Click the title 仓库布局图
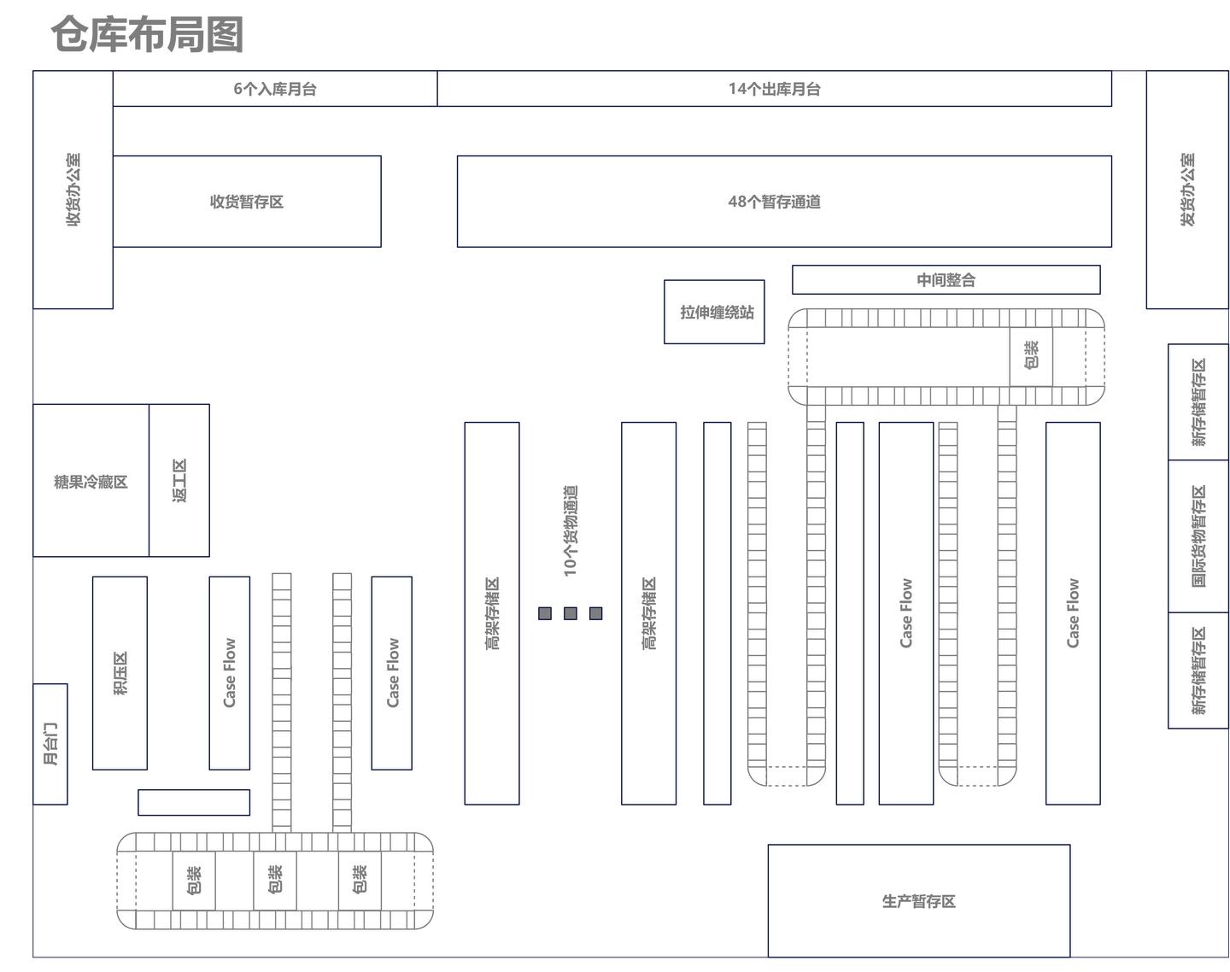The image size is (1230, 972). point(148,35)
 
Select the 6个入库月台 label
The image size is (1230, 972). point(275,89)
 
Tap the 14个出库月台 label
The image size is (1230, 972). point(774,89)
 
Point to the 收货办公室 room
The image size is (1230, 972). point(73,190)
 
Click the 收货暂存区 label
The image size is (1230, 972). point(247,202)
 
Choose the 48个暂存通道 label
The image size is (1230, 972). point(774,202)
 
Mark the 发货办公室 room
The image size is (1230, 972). point(1187,190)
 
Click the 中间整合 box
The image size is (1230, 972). point(946,280)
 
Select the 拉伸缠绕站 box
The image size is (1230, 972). point(715,313)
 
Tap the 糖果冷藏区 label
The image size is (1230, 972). point(91,482)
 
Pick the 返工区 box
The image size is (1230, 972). point(179,481)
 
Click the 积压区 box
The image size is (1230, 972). point(120,673)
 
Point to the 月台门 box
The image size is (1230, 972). point(50,744)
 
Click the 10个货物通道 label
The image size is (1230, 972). point(571,530)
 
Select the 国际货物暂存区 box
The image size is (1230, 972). point(1198,536)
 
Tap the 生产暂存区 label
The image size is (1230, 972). point(918,901)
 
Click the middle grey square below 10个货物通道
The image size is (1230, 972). point(571,613)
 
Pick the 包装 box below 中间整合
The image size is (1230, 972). point(1031,355)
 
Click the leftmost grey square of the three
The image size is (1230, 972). point(545,613)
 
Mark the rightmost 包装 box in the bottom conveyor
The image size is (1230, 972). point(360,880)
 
